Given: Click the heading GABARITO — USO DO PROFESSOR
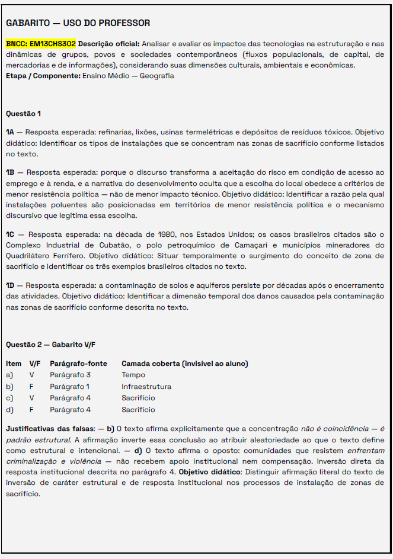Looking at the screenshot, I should tap(78, 23).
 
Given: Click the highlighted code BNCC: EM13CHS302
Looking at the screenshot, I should tap(41, 44).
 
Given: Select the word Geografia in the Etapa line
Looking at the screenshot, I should tap(157, 76).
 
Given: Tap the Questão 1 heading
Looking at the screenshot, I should tap(24, 113).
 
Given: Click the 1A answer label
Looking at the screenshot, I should tap(10, 132).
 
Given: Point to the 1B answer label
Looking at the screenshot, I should tap(10, 172).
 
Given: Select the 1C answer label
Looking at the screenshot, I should tap(10, 234).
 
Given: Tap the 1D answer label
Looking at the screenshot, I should tap(10, 285).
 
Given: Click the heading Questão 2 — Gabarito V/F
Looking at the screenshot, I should tap(50, 344).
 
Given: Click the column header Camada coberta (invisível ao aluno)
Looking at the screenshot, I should tap(184, 364).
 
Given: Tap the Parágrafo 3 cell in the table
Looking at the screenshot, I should tap(70, 375).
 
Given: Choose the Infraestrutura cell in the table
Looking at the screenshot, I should tap(146, 387).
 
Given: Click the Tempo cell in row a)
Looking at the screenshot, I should tap(133, 375).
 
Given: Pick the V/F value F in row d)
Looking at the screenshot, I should tap(31, 409).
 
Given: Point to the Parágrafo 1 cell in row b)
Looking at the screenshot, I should tap(69, 387).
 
